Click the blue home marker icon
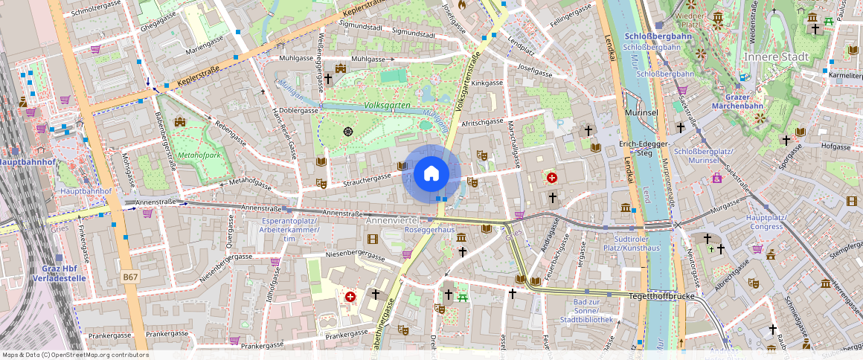(431, 175)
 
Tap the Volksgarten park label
(388, 106)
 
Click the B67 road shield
(130, 277)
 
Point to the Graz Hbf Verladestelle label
(60, 273)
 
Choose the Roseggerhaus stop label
(429, 231)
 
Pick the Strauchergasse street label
(367, 179)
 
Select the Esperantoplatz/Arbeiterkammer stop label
(291, 230)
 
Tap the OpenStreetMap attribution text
(75, 355)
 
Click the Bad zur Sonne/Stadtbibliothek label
(593, 311)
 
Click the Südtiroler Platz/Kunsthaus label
(631, 243)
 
